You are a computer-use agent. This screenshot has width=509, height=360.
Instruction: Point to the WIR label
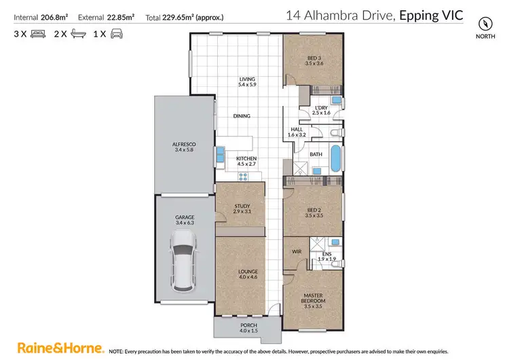[x=296, y=251]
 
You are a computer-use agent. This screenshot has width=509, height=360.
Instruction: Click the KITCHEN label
[x=246, y=160]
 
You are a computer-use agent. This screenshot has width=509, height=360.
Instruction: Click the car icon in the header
[x=116, y=33]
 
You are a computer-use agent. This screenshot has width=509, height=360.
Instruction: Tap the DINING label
[x=242, y=116]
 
